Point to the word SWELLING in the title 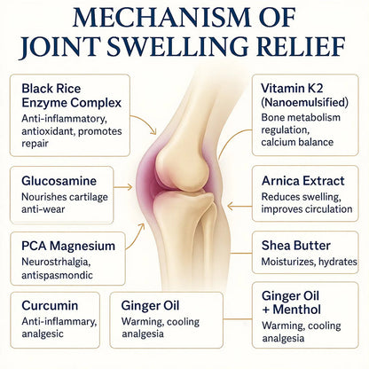coord(177,46)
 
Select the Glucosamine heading coord(59,181)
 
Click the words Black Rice coord(51,89)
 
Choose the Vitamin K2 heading coord(292,88)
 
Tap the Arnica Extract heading coord(303,181)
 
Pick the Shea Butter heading coord(296,246)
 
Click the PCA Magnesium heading coord(68,246)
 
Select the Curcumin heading coord(50,305)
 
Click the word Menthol coord(297,310)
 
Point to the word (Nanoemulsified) coord(305,102)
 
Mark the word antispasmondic coord(57,275)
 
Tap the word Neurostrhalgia coord(56,262)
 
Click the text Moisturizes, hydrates coord(310,262)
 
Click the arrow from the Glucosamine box coord(123,187)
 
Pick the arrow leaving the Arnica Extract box coord(239,206)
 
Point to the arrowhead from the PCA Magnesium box coord(141,227)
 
